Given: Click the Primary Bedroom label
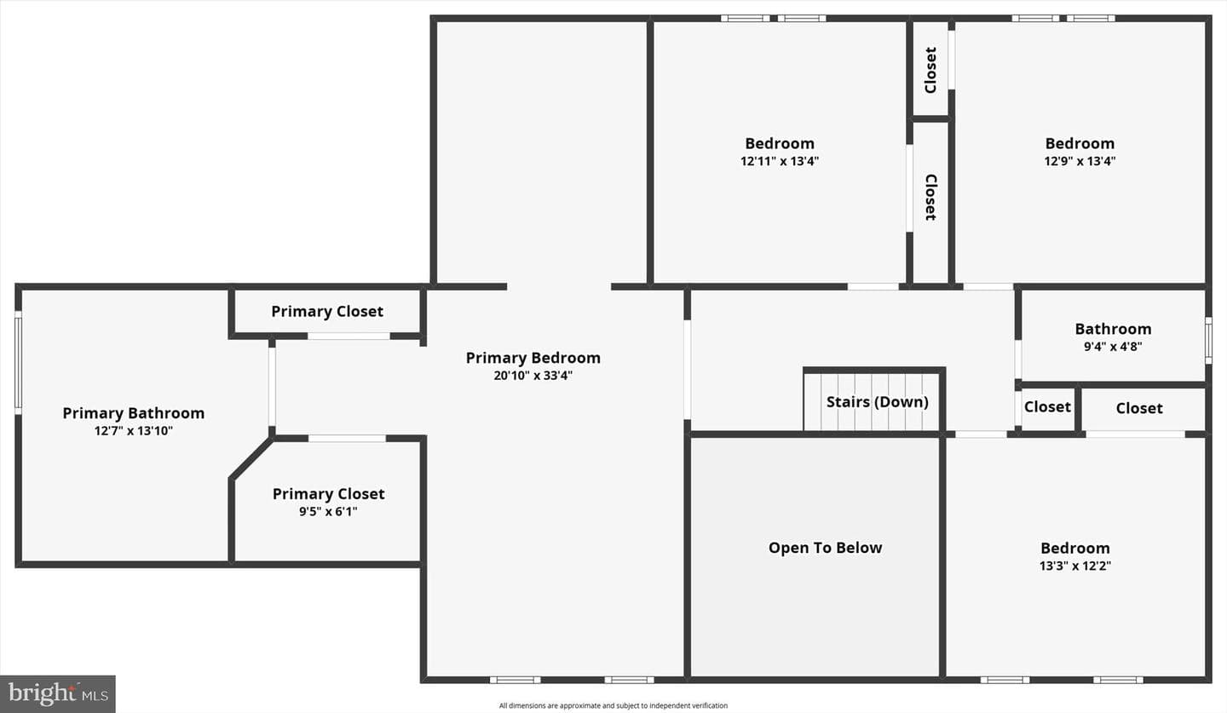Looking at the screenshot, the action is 533,358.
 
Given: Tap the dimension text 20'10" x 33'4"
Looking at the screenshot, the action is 533,376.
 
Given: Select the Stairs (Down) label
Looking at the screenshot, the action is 877,402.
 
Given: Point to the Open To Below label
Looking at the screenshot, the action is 825,548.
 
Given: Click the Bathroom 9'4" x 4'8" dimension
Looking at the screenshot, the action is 1113,347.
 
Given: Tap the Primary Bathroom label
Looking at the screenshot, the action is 133,413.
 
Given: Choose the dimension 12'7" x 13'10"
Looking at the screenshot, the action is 133,431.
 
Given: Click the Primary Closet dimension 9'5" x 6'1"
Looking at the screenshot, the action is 328,511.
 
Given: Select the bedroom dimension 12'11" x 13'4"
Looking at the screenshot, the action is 780,161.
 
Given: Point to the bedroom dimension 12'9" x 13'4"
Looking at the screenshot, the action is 1080,161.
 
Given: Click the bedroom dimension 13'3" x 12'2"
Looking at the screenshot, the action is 1074,566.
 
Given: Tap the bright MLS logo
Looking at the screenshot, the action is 58,693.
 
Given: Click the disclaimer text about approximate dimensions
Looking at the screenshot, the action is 613,706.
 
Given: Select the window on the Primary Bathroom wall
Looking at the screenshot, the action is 18,363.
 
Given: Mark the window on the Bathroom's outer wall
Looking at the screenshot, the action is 1208,341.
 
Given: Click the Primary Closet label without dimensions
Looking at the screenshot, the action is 327,312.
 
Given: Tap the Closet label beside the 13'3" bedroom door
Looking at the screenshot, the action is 1047,407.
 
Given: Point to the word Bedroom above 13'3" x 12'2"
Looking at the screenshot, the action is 1074,549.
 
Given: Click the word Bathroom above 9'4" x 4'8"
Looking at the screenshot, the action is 1113,329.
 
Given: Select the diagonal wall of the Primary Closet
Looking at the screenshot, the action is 251,458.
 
